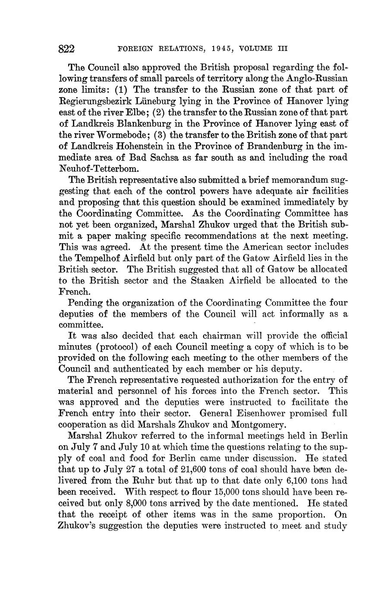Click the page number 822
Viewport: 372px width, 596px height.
pyautogui.click(x=66, y=49)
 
